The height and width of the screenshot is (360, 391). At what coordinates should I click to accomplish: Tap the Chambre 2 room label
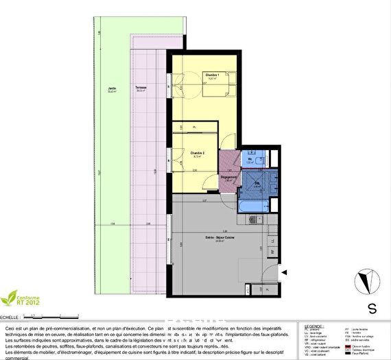click(198, 153)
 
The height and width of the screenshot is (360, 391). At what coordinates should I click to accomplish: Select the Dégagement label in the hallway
click(229, 178)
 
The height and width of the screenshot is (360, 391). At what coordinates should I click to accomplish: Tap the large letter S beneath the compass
click(371, 308)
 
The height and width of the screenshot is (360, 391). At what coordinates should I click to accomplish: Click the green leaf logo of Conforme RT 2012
click(12, 298)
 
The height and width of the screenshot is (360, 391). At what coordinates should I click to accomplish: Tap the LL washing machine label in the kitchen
click(272, 241)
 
